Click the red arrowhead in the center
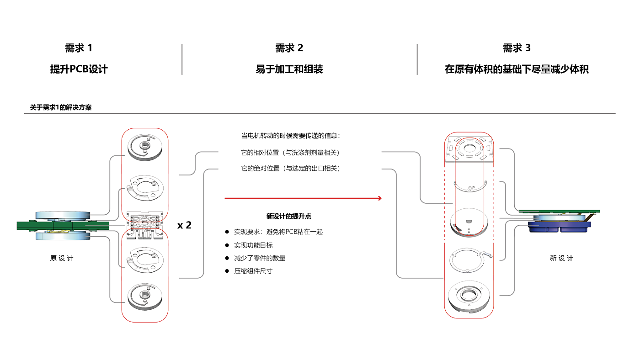(x=380, y=198)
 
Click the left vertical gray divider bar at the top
(x=182, y=59)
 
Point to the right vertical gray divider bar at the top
(x=417, y=59)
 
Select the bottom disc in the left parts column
(x=145, y=296)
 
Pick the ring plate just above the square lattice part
(x=145, y=187)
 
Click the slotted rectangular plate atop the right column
(x=469, y=149)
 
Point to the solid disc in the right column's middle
(x=469, y=222)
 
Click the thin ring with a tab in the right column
(x=469, y=260)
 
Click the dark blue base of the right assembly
(x=560, y=227)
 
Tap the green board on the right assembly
(x=560, y=211)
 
